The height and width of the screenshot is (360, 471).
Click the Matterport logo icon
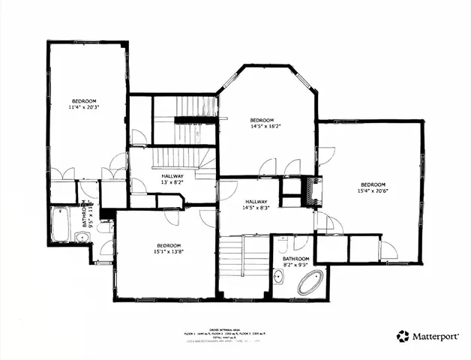(x=403, y=337)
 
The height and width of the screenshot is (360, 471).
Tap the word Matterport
(x=435, y=337)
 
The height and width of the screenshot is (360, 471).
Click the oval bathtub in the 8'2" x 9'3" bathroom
(x=310, y=283)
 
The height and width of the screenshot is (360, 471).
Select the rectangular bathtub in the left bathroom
(x=60, y=223)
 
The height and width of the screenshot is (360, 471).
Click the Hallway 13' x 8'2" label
(x=172, y=179)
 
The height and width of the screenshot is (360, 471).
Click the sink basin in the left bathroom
(x=82, y=238)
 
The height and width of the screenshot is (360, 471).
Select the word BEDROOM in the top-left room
(x=84, y=100)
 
